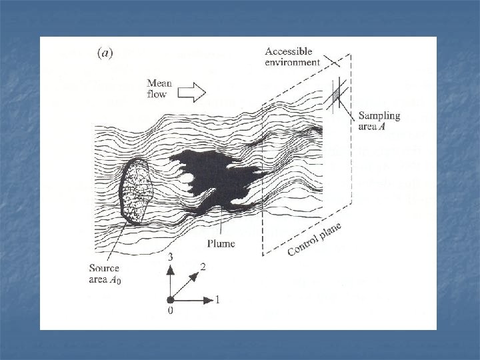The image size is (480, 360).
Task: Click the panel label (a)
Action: [104, 53]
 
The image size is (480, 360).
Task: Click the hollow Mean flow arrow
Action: [194, 93]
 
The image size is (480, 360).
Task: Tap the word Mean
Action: [159, 84]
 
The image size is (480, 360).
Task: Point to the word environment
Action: [293, 62]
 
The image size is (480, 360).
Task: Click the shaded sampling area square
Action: [336, 95]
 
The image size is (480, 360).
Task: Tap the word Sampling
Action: [379, 115]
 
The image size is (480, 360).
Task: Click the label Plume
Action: [220, 244]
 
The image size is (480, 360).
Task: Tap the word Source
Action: [105, 269]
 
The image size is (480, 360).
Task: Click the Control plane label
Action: [314, 239]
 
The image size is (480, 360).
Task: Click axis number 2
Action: [201, 266]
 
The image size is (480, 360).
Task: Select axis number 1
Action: [217, 300]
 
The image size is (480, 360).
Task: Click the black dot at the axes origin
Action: [170, 299]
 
